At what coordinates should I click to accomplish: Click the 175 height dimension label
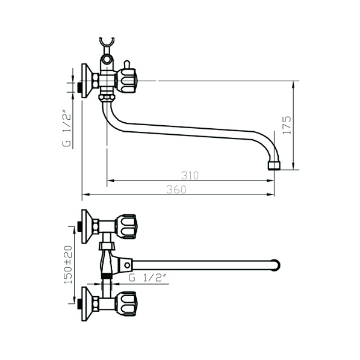(x=287, y=125)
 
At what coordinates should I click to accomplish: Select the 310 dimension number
(x=190, y=176)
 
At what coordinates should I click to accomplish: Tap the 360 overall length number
(x=176, y=190)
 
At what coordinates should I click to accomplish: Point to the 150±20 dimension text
(x=68, y=264)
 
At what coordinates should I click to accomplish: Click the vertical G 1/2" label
(x=67, y=129)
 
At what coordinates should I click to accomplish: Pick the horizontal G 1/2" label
(x=147, y=278)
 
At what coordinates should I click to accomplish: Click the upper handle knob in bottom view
(x=126, y=226)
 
